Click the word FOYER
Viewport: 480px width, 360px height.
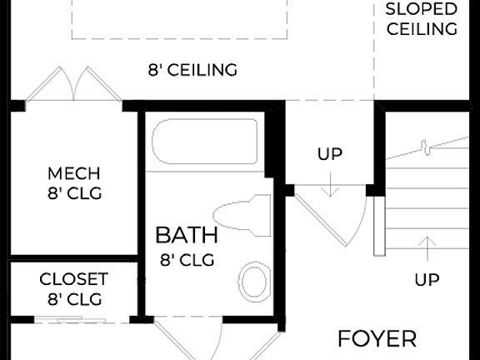click(377, 339)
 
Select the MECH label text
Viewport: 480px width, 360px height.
click(74, 173)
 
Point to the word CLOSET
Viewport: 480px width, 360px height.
click(74, 278)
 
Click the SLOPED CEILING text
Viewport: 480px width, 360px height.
click(421, 19)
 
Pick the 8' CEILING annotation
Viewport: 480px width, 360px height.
click(192, 70)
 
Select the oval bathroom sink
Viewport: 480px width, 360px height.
click(254, 281)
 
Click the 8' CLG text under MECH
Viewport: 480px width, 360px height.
click(74, 194)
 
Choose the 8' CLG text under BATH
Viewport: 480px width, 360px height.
click(187, 259)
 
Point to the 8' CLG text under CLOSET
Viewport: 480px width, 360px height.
click(74, 298)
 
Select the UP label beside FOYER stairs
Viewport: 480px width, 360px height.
click(427, 280)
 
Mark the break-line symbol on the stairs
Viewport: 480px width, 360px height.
click(426, 148)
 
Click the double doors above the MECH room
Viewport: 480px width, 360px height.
click(74, 85)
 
